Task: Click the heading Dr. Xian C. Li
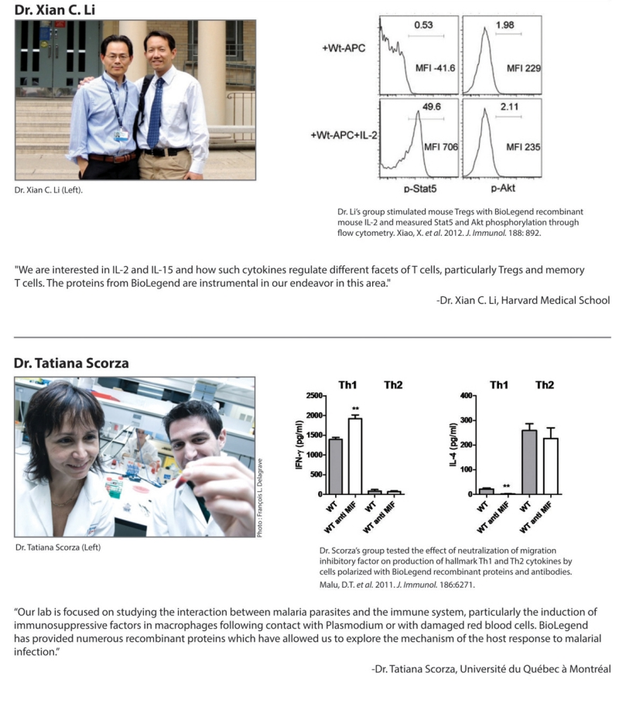tap(55, 10)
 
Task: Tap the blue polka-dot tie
tap(155, 113)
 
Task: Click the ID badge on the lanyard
tap(121, 135)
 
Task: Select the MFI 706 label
tap(441, 147)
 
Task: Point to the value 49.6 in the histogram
tap(432, 107)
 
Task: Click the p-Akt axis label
tap(503, 188)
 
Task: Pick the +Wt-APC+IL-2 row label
tap(344, 135)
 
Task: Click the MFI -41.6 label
tap(436, 68)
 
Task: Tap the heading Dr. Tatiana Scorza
tap(71, 363)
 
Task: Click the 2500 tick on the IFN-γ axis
tap(314, 395)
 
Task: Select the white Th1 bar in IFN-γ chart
tap(355, 456)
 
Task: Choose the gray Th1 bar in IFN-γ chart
tap(336, 466)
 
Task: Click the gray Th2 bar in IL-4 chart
tap(529, 462)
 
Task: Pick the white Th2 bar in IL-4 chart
tap(551, 466)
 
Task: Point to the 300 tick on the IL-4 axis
tap(466, 421)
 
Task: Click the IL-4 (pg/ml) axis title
tap(453, 445)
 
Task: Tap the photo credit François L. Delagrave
tap(260, 498)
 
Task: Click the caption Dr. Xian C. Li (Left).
tap(49, 190)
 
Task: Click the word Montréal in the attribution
tap(590, 669)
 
